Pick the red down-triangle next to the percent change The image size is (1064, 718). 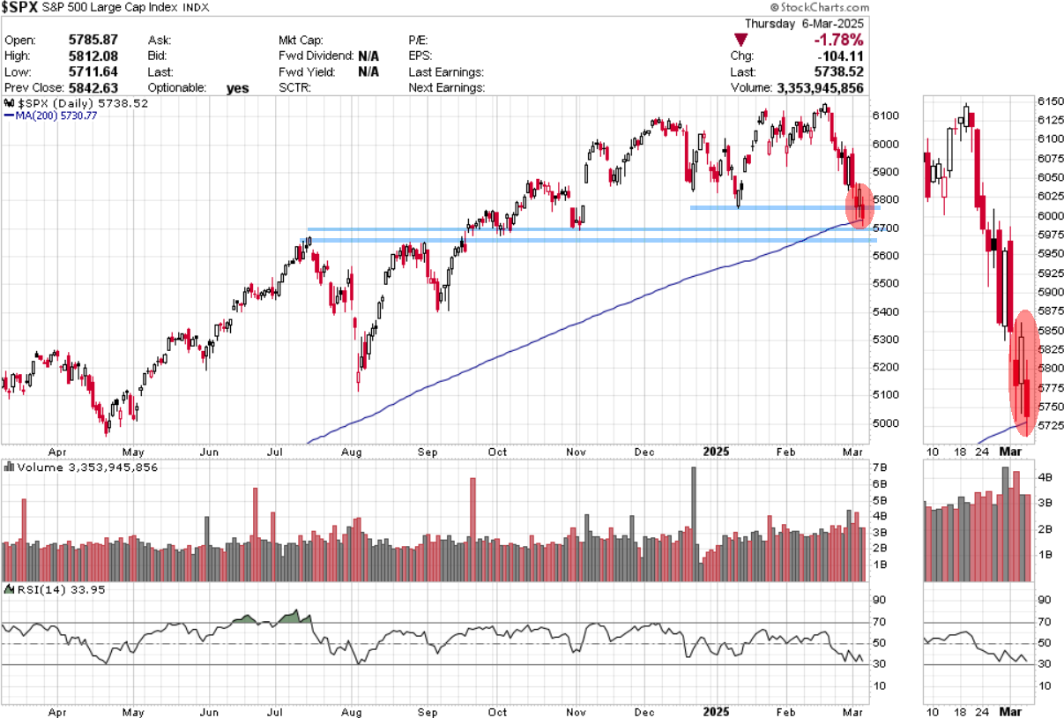click(x=741, y=40)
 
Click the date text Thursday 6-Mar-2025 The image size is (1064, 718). click(x=804, y=24)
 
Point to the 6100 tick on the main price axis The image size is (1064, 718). click(x=886, y=116)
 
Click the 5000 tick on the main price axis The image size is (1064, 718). click(x=886, y=423)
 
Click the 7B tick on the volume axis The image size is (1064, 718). click(x=880, y=467)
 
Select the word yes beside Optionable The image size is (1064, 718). click(x=237, y=88)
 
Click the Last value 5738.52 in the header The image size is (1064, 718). click(x=840, y=71)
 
